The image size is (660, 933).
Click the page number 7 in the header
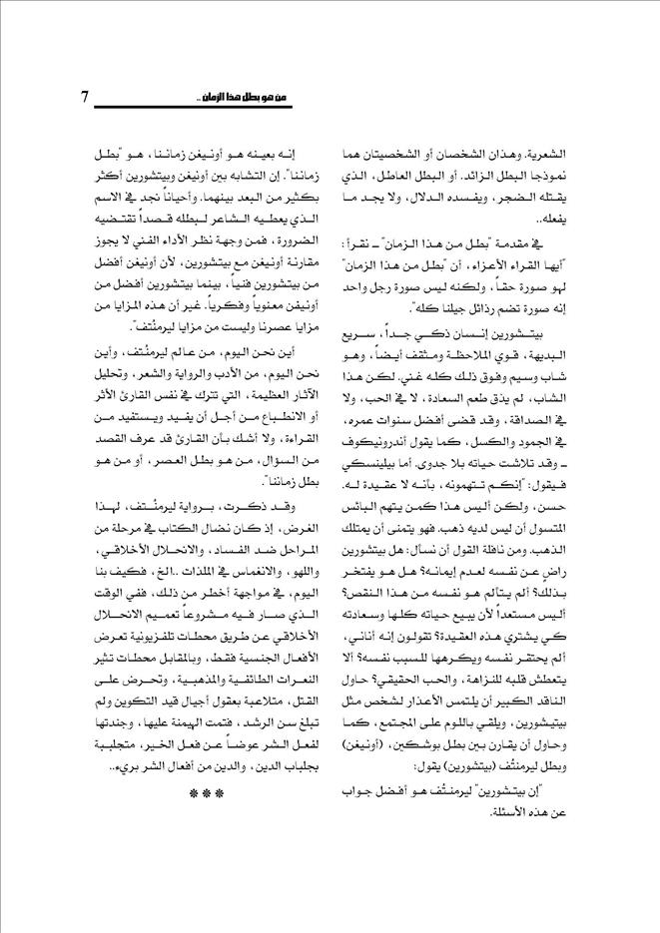[x=86, y=98]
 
